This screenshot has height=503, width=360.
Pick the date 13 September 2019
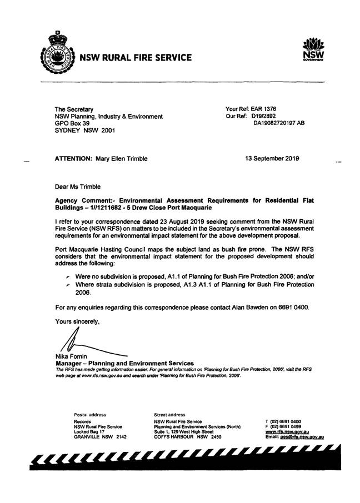pos(272,158)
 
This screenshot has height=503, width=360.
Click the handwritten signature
pos(78,342)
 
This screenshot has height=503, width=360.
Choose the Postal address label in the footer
pos(89,414)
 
